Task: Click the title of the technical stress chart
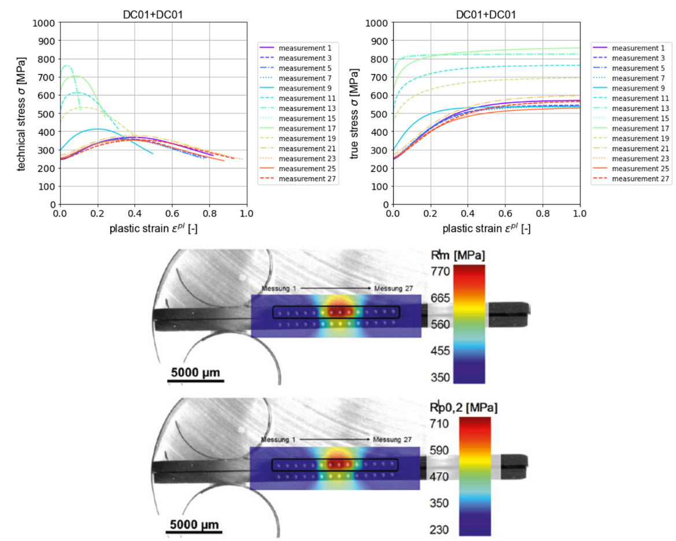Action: [x=153, y=14]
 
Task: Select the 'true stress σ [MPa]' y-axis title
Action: [x=355, y=114]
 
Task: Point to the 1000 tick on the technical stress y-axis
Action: [x=46, y=23]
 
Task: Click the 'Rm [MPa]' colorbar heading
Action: [x=458, y=255]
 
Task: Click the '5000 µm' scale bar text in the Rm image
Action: [x=195, y=371]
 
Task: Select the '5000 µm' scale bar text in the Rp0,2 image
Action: [x=195, y=525]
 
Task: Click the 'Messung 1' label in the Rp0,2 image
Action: [x=279, y=440]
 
